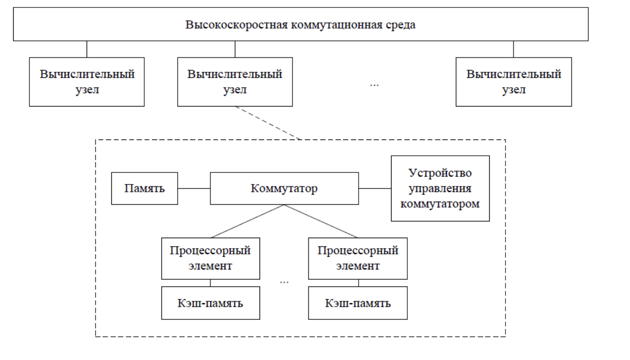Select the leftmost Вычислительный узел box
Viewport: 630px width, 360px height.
pos(87,82)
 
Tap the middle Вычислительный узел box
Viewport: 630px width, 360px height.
pos(234,82)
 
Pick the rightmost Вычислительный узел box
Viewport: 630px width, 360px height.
pos(513,82)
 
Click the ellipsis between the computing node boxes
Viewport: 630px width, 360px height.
pos(374,84)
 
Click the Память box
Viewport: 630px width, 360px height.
pos(144,188)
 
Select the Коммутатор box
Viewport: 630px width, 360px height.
pos(284,188)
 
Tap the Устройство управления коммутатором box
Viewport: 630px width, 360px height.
pos(440,188)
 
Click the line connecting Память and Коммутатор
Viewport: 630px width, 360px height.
pos(194,188)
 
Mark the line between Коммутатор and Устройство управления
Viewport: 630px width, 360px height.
pos(375,188)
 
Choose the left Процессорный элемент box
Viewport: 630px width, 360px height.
pos(210,258)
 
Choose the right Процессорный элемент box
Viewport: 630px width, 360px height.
pos(358,258)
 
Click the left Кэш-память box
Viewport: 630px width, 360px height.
pos(210,303)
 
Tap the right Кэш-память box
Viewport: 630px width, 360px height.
pos(358,303)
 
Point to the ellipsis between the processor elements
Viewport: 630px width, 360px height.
pos(284,281)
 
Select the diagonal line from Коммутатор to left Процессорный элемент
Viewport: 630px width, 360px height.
pos(247,221)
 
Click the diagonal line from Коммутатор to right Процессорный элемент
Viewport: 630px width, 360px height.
pos(321,221)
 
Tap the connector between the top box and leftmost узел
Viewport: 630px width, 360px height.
pos(87,49)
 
